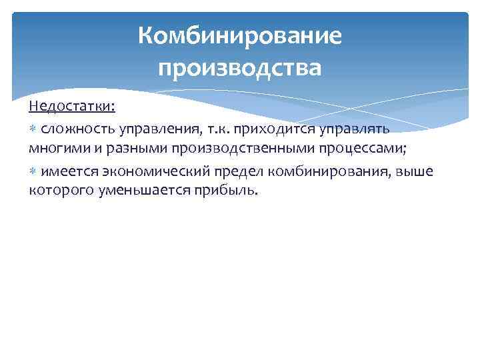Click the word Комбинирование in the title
click(x=240, y=36)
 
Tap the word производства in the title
click(x=240, y=67)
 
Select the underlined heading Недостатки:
click(x=72, y=107)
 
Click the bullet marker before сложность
click(x=33, y=128)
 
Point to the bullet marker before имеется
click(x=33, y=172)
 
